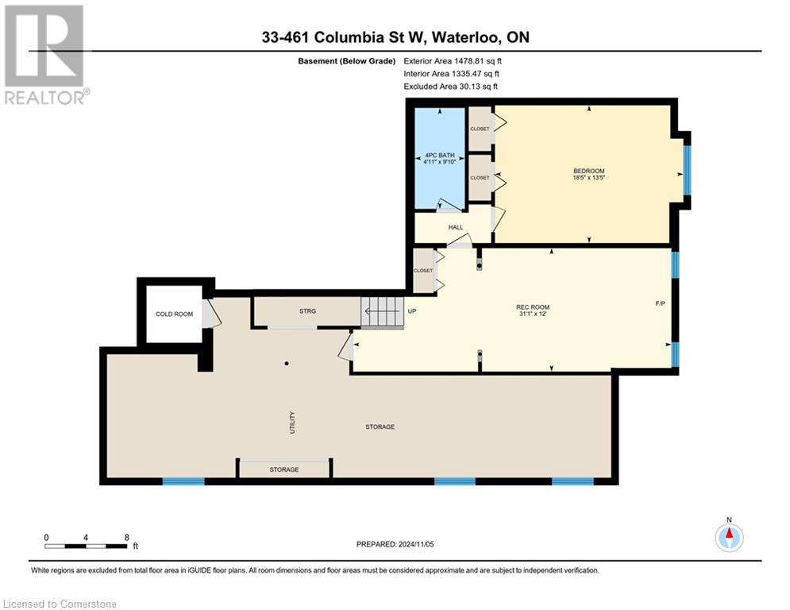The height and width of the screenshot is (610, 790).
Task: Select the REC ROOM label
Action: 533,307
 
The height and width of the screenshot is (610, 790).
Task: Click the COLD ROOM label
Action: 174,315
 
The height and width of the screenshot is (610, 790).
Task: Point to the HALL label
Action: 456,227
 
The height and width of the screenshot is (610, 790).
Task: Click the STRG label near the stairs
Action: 308,311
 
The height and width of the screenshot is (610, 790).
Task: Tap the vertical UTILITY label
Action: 292,419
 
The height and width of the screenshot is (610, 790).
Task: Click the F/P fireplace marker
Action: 660,303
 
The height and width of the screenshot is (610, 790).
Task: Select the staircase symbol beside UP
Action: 382,311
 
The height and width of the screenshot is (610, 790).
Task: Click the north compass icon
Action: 728,537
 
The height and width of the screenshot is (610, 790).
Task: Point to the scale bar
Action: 86,546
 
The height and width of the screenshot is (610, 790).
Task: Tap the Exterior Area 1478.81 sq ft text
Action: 453,60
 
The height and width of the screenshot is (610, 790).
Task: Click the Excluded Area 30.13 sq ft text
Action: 451,86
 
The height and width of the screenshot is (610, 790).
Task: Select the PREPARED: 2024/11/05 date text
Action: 395,544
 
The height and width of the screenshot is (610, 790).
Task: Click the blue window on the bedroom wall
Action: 687,172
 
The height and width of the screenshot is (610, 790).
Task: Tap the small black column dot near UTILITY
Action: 287,364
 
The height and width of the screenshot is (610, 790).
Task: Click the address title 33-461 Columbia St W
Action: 395,37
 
